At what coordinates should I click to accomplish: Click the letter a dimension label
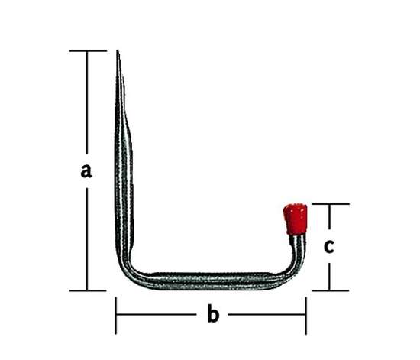(x=86, y=171)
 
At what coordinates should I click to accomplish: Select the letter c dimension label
(x=329, y=246)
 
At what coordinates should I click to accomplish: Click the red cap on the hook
(x=296, y=219)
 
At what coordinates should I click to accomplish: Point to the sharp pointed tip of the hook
(x=118, y=50)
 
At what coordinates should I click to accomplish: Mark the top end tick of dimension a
(x=88, y=50)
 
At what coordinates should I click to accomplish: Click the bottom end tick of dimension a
(x=88, y=290)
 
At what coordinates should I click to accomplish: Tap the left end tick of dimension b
(x=116, y=316)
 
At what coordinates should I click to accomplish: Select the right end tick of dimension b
(x=306, y=316)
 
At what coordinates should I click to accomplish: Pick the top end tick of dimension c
(x=331, y=204)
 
